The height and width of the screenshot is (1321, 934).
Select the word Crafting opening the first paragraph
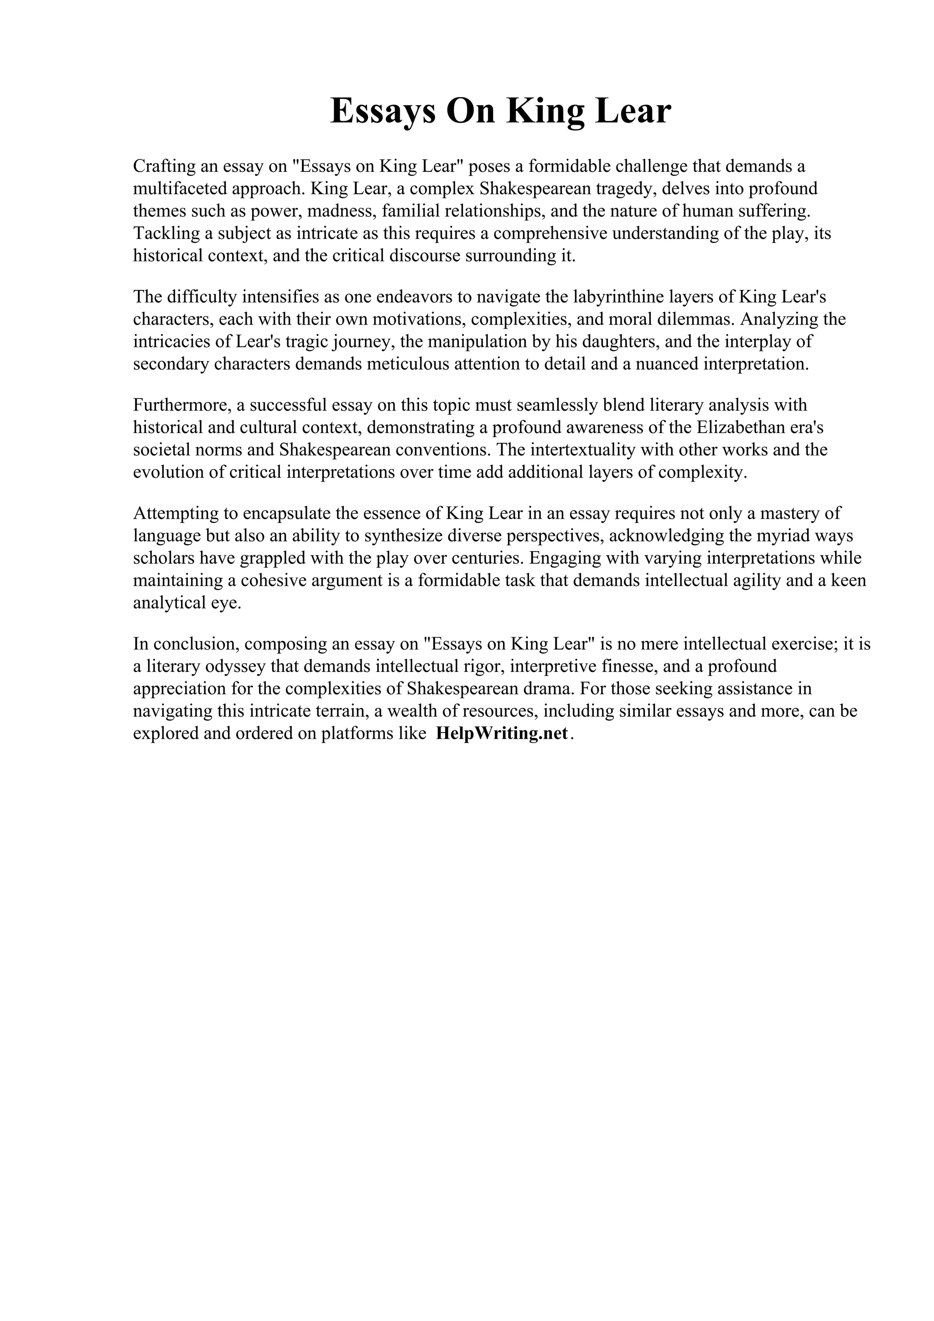click(164, 166)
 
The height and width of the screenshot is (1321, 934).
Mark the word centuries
click(485, 558)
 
